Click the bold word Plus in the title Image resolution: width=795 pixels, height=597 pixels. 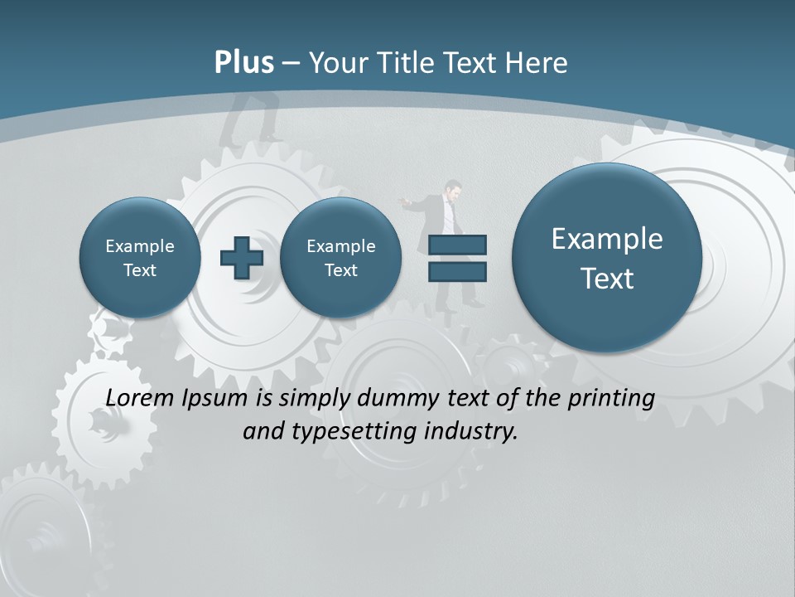pos(243,63)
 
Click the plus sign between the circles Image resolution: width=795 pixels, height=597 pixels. pos(241,258)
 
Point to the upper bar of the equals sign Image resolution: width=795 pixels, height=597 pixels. pos(457,245)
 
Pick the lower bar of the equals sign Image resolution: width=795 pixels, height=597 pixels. pos(457,272)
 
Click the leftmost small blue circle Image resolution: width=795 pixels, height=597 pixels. pos(140,258)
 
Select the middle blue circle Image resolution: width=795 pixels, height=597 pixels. pos(340,258)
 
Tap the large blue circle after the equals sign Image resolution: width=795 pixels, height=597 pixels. pos(607,258)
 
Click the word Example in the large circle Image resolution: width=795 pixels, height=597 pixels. pos(607,239)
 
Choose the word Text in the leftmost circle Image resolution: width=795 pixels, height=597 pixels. pos(140,270)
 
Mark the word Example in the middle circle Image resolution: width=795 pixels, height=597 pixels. pos(340,246)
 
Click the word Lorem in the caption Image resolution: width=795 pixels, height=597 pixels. pos(141,398)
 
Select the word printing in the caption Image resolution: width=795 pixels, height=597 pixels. pos(611,399)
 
